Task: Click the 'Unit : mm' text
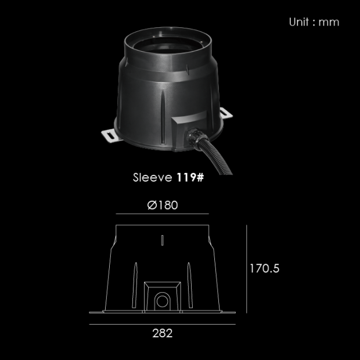pos(314,22)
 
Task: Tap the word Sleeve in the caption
pos(153,178)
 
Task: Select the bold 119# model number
pos(190,178)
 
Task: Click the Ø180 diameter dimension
pos(163,205)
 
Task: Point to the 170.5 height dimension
pos(265,268)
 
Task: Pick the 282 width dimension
pos(163,333)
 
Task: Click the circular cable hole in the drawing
pos(163,301)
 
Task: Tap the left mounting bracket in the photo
pos(111,135)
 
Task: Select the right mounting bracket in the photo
pos(226,113)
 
